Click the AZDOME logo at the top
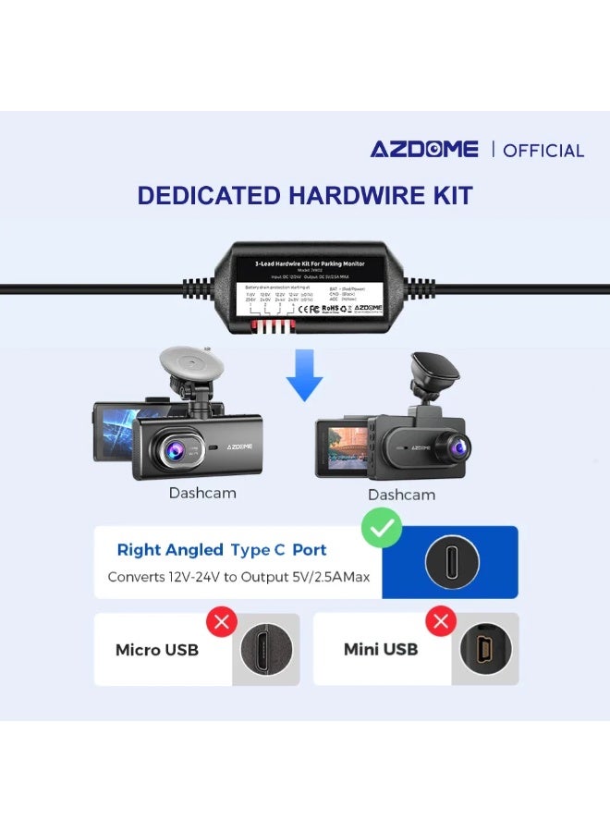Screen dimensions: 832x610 [x=424, y=149]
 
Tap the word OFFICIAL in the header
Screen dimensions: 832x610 [x=543, y=150]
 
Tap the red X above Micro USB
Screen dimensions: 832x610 [x=221, y=620]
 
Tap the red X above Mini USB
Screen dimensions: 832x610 [x=441, y=620]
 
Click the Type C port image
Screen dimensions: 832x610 [x=451, y=562]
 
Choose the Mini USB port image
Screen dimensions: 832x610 [x=484, y=650]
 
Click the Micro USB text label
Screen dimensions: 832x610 [x=157, y=650]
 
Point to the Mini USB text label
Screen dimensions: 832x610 [x=381, y=650]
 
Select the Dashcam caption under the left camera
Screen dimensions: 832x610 [x=202, y=493]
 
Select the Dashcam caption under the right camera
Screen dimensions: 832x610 [x=401, y=495]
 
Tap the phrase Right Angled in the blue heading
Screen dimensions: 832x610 [x=170, y=550]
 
